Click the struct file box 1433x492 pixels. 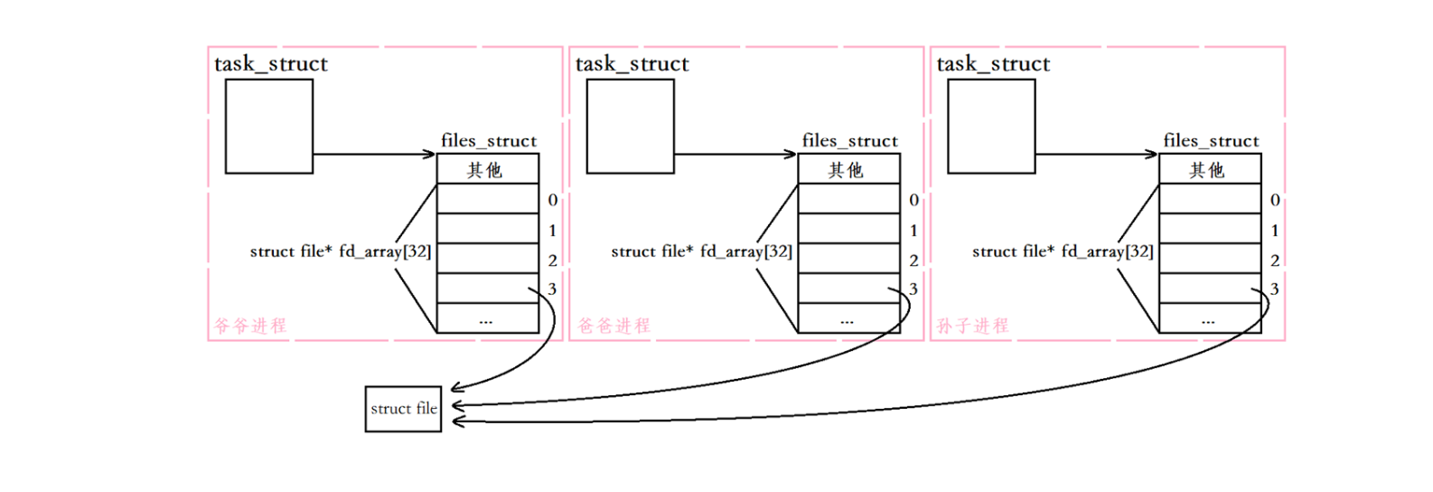(x=403, y=409)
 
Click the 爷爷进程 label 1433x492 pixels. (x=250, y=326)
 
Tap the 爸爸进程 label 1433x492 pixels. (x=613, y=326)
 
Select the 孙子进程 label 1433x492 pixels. (x=972, y=326)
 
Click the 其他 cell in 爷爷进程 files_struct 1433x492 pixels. (x=487, y=169)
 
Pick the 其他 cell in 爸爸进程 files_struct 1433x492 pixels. (x=848, y=169)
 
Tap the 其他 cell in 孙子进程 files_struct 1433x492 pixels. (x=1209, y=169)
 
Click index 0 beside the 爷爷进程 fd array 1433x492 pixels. (x=553, y=200)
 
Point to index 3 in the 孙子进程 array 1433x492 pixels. (x=1275, y=289)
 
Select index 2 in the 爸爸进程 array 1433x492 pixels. (x=913, y=260)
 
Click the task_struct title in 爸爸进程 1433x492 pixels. (x=632, y=64)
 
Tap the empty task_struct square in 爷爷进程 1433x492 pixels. (x=269, y=126)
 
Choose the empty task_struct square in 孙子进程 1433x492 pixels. (x=991, y=126)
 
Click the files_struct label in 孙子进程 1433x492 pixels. (x=1211, y=140)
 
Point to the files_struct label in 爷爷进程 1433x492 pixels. (x=489, y=140)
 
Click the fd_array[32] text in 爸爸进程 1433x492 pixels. (x=746, y=251)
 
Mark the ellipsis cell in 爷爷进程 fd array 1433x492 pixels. (x=487, y=318)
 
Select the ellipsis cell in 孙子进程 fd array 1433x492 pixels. (x=1209, y=318)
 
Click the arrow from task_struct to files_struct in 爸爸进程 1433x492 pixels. (x=735, y=154)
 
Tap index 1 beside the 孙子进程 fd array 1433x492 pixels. (x=1275, y=231)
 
